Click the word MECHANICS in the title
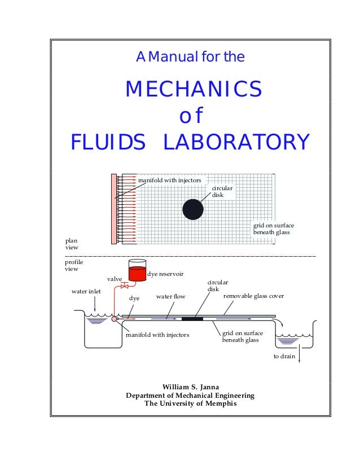(x=193, y=89)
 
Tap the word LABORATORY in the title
(x=236, y=142)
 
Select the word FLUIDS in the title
(x=108, y=142)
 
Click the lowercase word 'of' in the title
(x=190, y=116)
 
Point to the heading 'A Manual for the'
(x=190, y=57)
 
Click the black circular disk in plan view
(x=193, y=210)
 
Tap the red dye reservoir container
(x=137, y=272)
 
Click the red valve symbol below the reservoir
(x=125, y=286)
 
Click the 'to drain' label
(x=284, y=357)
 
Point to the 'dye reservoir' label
(x=165, y=274)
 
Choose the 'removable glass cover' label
(x=253, y=296)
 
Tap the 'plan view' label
(x=72, y=244)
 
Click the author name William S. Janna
(x=190, y=386)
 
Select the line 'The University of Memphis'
(x=190, y=404)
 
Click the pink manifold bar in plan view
(x=114, y=209)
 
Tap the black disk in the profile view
(x=192, y=319)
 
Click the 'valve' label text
(x=115, y=279)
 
